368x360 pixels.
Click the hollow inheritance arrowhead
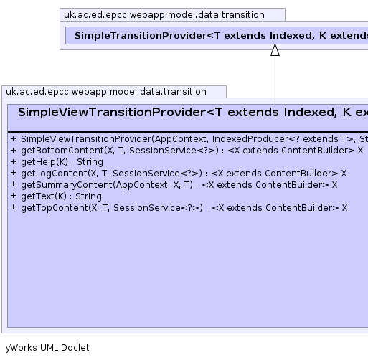coord(275,50)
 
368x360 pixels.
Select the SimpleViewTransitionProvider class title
coord(112,112)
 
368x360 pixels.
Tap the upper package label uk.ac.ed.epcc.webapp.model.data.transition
coord(164,15)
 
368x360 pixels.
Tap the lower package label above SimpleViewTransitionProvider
coord(106,92)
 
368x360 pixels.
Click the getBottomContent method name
coord(62,151)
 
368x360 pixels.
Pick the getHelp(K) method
coord(44,162)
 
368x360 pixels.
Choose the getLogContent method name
coord(55,174)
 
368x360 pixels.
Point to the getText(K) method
coord(44,196)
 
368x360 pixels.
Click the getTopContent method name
coord(55,208)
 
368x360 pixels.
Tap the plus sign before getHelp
coord(14,161)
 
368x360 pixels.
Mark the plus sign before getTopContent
coord(14,207)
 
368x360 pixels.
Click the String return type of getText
coord(88,196)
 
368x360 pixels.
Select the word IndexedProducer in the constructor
coord(250,139)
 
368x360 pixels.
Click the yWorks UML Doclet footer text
coord(47,348)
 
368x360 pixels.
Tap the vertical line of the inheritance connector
coord(275,80)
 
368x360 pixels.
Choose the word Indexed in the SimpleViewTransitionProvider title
coord(311,112)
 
